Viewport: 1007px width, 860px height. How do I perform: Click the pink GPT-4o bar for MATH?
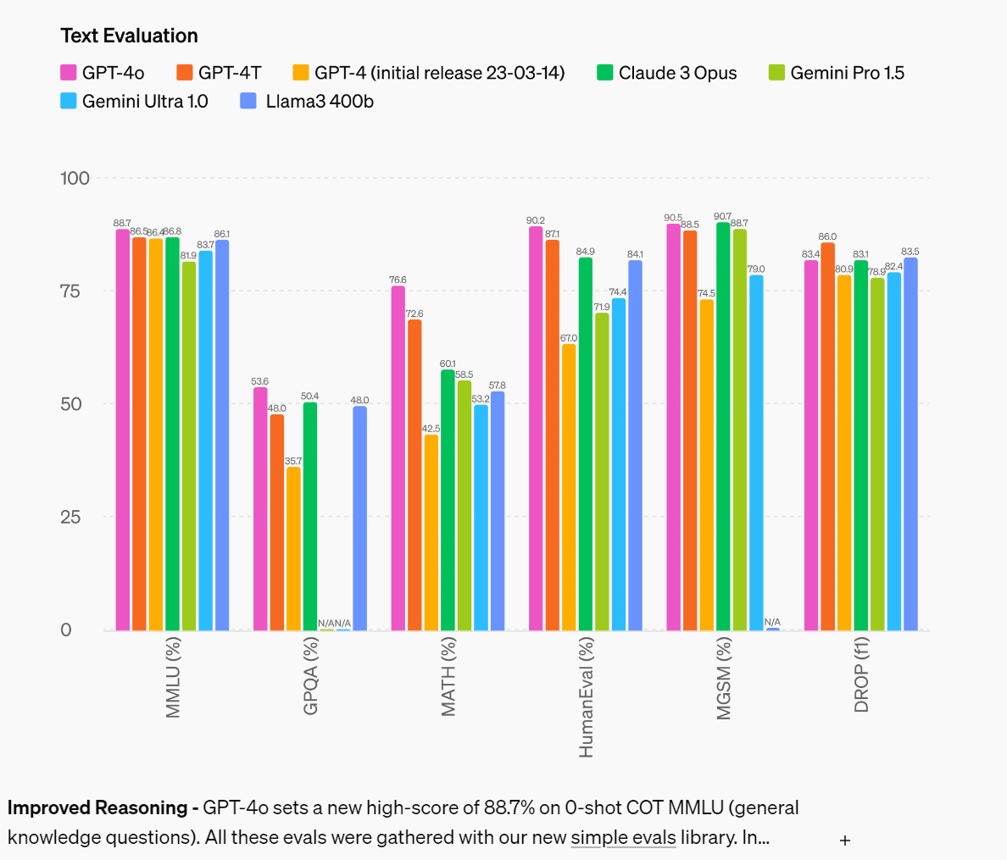(398, 458)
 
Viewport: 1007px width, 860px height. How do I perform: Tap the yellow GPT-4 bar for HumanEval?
(569, 486)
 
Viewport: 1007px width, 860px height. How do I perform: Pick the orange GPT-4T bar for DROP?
(827, 436)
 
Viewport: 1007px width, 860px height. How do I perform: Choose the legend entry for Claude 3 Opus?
(666, 73)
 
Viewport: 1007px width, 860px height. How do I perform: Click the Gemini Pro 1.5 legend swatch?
(776, 73)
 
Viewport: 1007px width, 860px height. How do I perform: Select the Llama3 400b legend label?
(320, 102)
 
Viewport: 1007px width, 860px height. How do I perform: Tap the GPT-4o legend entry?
(103, 73)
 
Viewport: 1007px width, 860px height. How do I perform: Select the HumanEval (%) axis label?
(587, 697)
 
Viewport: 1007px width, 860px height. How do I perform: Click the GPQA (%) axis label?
(311, 676)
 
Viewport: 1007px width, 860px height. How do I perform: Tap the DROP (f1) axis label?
(862, 675)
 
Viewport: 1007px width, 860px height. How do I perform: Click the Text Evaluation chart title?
(129, 36)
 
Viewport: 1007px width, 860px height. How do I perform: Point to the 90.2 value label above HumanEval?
(535, 221)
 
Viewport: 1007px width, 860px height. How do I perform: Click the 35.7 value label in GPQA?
(293, 462)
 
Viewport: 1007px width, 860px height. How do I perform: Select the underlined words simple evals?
(623, 838)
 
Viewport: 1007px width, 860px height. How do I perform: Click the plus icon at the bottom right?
(844, 841)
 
